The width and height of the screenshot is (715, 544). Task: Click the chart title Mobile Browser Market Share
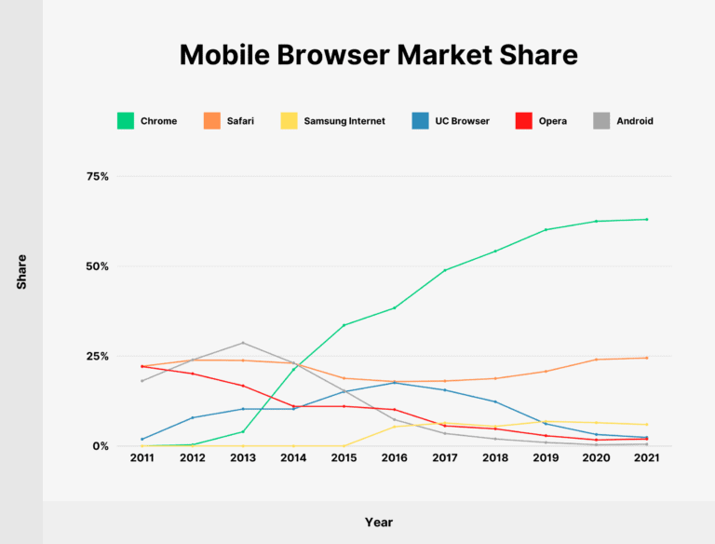(x=378, y=55)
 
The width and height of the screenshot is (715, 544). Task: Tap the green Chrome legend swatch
(x=125, y=120)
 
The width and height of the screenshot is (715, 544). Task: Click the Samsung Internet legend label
(x=344, y=121)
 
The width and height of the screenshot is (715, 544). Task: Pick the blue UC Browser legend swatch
(x=419, y=120)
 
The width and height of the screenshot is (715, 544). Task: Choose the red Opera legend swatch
(x=523, y=120)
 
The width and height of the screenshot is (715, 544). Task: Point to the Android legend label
(x=634, y=121)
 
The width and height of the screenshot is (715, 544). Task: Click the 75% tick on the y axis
(x=97, y=176)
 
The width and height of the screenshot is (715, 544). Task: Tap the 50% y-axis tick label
(x=97, y=266)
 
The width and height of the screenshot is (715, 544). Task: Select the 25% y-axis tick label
(x=97, y=357)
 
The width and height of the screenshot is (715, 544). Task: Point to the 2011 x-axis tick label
(x=142, y=459)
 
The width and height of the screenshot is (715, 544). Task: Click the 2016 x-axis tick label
(x=395, y=459)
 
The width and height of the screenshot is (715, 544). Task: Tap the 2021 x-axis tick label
(x=646, y=459)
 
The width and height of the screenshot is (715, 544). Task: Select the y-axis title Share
(x=21, y=271)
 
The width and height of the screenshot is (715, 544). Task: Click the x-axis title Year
(x=378, y=523)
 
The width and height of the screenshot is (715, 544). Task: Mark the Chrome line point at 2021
(x=646, y=219)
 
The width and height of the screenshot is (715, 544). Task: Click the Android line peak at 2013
(x=243, y=343)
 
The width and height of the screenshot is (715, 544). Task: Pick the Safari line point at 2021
(x=646, y=358)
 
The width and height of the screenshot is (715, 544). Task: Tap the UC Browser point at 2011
(x=142, y=439)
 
